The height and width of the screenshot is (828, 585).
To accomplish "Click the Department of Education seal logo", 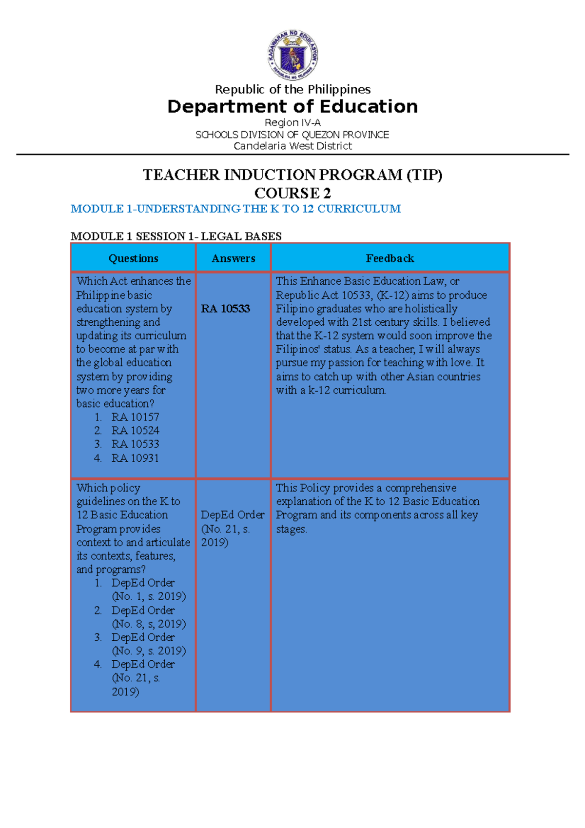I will point(292,54).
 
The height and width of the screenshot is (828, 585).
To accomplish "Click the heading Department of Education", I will point(292,106).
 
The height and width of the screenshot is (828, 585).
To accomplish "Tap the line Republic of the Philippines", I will point(292,89).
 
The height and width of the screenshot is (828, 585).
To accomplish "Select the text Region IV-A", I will point(292,122).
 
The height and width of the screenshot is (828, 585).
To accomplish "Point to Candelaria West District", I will point(292,146).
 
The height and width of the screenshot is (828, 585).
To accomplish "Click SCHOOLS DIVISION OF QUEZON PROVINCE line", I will point(292,135).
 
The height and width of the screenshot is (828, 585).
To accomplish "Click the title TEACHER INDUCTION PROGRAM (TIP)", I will point(292,175).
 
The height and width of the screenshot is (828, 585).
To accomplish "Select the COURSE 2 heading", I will point(292,193).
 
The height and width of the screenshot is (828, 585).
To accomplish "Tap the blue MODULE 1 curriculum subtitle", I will point(235,209).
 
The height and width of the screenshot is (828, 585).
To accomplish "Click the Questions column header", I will point(133,258).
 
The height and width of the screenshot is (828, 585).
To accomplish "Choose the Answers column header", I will point(233,258).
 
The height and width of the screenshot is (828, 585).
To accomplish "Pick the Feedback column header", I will point(390,258).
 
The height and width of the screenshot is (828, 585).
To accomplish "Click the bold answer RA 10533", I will point(225,309).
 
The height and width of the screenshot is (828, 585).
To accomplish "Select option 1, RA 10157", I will point(135,417).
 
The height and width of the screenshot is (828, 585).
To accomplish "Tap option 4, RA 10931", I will point(135,458).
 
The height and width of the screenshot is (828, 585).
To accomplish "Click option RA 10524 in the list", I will point(135,431).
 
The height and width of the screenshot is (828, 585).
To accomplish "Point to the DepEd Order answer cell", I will point(232,529).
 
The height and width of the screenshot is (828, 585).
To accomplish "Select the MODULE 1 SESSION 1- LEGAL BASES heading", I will point(176,237).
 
